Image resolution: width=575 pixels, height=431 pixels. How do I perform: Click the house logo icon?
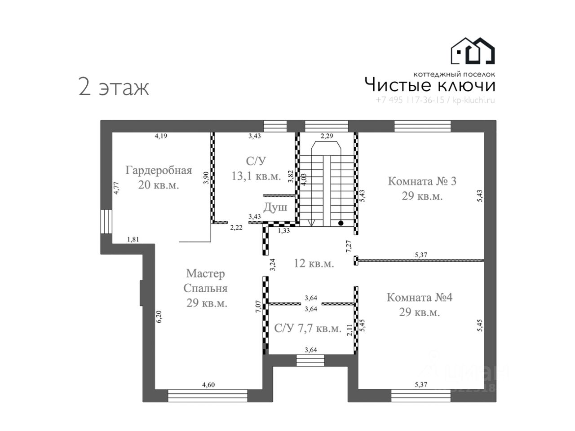pyautogui.click(x=473, y=50)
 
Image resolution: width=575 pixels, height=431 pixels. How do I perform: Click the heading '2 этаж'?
pyautogui.click(x=113, y=87)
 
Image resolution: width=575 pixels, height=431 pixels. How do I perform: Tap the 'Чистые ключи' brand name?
pyautogui.click(x=429, y=85)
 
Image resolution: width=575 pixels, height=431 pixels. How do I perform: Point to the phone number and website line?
pyautogui.click(x=435, y=101)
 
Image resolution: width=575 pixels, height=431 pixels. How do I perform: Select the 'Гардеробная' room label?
pyautogui.click(x=159, y=171)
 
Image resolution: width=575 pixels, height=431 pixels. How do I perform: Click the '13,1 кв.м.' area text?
pyautogui.click(x=256, y=176)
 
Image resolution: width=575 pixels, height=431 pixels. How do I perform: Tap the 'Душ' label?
pyautogui.click(x=275, y=207)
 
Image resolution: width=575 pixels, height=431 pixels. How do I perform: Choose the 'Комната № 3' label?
pyautogui.click(x=422, y=181)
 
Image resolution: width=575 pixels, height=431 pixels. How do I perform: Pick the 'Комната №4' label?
pyautogui.click(x=420, y=297)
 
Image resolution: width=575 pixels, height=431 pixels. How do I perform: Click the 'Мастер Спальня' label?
pyautogui.click(x=206, y=281)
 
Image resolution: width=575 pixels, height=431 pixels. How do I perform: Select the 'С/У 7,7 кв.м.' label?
pyautogui.click(x=308, y=329)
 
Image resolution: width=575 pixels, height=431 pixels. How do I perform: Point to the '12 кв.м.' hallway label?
pyautogui.click(x=314, y=264)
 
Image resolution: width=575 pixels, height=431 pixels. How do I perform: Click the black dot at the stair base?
pyautogui.click(x=341, y=223)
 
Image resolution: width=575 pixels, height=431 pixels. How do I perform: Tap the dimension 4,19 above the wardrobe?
pyautogui.click(x=161, y=136)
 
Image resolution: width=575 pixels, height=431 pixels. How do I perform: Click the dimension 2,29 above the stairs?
pyautogui.click(x=327, y=135)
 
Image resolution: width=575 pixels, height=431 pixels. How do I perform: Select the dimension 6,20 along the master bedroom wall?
pyautogui.click(x=159, y=317)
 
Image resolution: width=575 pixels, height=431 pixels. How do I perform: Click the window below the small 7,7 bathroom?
pyautogui.click(x=310, y=360)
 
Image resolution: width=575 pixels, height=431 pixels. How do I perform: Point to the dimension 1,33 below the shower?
pyautogui.click(x=283, y=231)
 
